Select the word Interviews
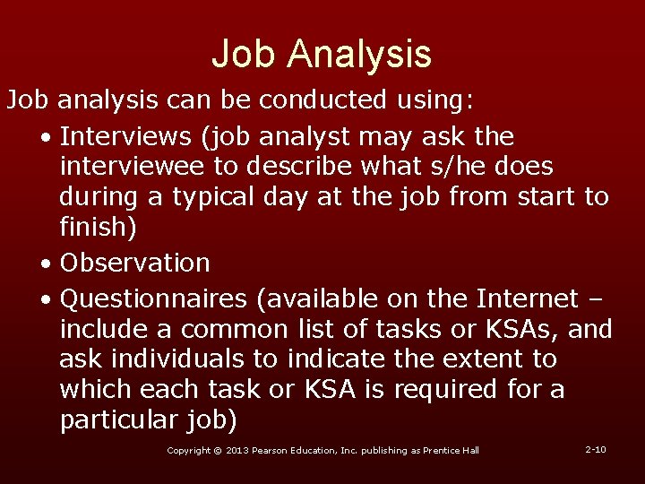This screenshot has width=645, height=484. click(x=127, y=137)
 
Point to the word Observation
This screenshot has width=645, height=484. click(x=134, y=264)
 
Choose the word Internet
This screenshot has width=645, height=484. click(x=528, y=298)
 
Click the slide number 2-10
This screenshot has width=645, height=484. click(x=595, y=449)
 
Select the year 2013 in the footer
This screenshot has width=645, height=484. click(x=236, y=450)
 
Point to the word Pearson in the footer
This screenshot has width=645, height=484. click(x=274, y=450)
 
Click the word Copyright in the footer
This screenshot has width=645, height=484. click(x=189, y=450)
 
